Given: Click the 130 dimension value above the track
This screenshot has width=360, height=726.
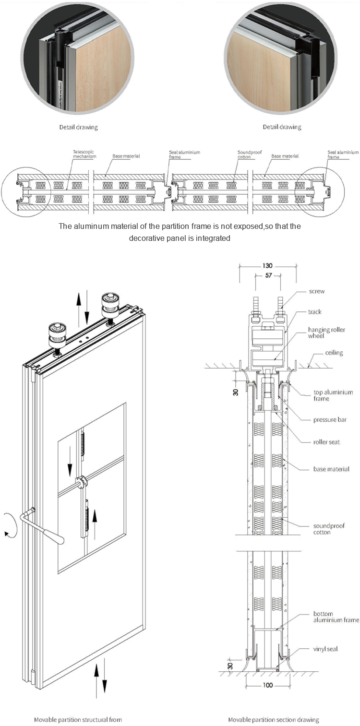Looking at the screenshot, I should (267, 265).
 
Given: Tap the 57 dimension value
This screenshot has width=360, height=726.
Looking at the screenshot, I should (267, 276).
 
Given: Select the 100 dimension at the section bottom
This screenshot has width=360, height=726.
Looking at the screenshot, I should (268, 685).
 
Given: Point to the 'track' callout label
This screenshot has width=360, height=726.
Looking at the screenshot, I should (315, 312).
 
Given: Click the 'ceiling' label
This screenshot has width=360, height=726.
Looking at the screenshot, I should (334, 353).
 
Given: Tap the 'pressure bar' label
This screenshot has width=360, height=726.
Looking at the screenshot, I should (330, 420).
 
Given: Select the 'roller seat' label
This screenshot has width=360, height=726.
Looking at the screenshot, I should (326, 441).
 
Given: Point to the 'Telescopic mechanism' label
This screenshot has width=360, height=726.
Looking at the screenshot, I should (84, 154).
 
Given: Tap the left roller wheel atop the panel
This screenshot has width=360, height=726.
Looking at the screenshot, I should (57, 334).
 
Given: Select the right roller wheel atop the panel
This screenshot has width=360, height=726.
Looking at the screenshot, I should (110, 304).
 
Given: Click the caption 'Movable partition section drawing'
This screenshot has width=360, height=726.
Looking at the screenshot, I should (274, 719).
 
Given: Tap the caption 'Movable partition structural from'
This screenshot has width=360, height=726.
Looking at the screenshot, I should (78, 719).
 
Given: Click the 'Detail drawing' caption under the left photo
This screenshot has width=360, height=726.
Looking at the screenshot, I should (79, 127).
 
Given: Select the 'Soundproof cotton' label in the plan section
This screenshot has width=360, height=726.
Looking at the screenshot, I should (250, 154).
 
